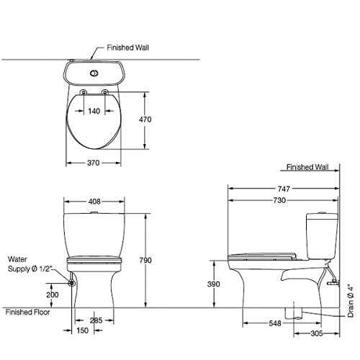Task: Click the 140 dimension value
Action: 94,111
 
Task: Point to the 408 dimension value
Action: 95,202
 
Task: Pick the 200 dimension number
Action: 52,295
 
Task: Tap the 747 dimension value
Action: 283,189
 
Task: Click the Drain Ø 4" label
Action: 351,300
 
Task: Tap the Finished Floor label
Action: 27,312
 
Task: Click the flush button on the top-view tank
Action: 94,73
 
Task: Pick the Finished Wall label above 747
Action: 307,166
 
